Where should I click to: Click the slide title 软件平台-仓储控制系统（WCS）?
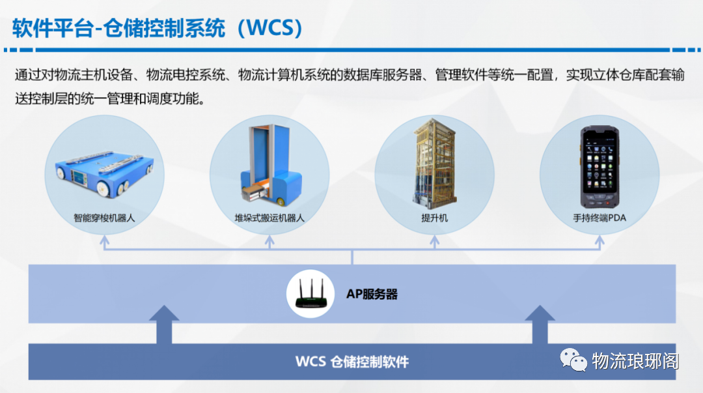click(x=158, y=28)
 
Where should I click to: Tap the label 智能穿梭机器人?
click(x=104, y=218)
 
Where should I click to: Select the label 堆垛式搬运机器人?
click(x=269, y=218)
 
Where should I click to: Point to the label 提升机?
click(x=434, y=218)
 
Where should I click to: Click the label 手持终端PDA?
click(x=600, y=218)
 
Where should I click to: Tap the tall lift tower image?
click(x=434, y=164)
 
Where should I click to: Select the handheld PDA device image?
click(x=600, y=167)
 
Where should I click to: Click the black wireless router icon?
click(x=310, y=294)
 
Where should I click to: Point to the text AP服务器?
click(x=372, y=294)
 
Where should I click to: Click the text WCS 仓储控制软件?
click(x=352, y=362)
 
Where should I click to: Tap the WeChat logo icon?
click(x=573, y=360)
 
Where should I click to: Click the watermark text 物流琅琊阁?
click(x=635, y=360)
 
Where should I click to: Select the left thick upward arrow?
click(x=164, y=325)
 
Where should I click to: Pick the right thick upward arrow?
click(x=540, y=325)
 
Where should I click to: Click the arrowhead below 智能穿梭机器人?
click(x=104, y=241)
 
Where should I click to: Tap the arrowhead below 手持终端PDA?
click(x=600, y=241)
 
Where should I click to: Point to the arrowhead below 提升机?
click(x=434, y=241)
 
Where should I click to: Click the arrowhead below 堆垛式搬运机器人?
click(x=269, y=241)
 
